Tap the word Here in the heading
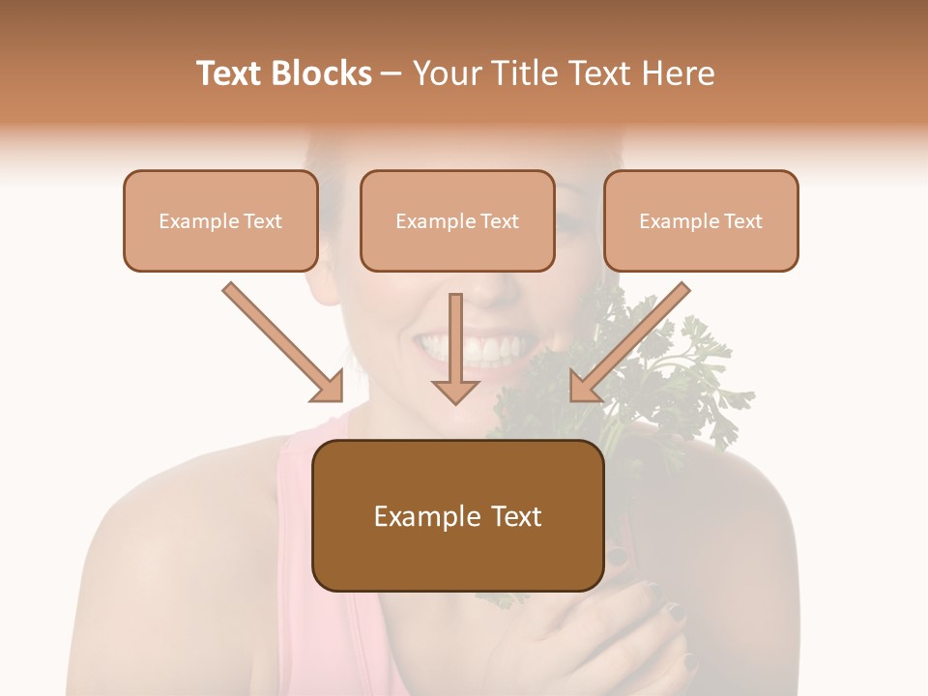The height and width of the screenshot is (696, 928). point(679,73)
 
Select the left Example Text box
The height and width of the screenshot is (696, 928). point(220,221)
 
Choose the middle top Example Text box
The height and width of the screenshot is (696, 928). point(457,221)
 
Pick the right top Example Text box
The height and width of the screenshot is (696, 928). point(701,221)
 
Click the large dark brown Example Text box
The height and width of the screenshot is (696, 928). point(457,516)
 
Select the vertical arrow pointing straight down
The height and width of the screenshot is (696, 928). point(455,348)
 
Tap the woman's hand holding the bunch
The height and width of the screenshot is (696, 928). point(619,638)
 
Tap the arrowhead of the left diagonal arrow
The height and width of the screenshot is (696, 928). point(330,388)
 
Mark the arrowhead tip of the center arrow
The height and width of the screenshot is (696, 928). point(455,402)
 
